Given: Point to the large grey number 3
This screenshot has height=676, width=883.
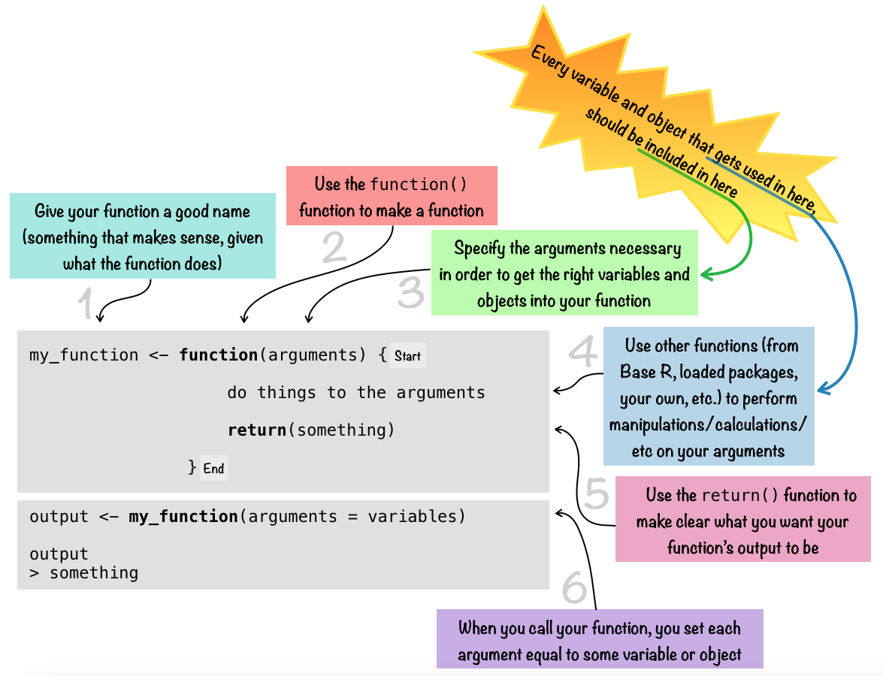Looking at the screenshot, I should tap(411, 293).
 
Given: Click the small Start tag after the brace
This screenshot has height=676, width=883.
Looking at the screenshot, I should tap(408, 356).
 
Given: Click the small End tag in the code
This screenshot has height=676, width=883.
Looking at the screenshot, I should tap(213, 469).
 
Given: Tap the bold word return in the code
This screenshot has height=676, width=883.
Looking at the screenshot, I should tap(257, 430).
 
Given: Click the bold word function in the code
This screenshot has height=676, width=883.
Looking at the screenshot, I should tap(219, 355).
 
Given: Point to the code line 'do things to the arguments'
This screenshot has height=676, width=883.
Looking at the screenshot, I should tap(356, 393).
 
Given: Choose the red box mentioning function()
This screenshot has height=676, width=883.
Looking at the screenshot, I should tap(392, 196).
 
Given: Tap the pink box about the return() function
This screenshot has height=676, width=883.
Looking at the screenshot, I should tap(742, 521).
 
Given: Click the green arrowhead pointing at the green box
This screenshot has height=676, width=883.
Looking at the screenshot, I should tap(706, 276).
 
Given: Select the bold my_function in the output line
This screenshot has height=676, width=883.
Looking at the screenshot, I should tap(183, 517).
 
